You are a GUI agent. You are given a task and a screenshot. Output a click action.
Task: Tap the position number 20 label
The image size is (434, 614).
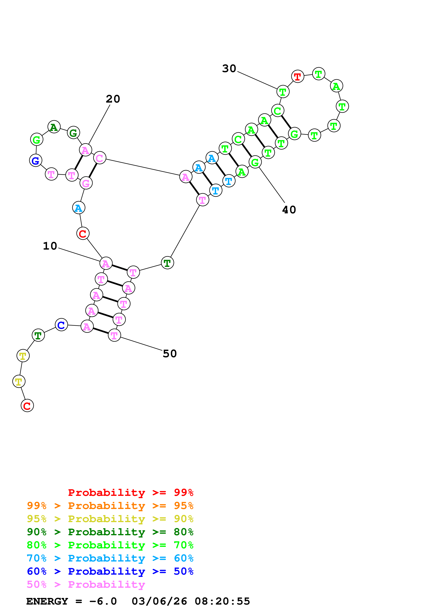tap(113, 99)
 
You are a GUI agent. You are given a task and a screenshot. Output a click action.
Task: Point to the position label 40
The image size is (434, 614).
tap(289, 210)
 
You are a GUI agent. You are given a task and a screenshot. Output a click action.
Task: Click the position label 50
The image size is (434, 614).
tap(170, 354)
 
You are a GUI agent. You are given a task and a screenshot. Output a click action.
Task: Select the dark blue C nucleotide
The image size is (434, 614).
tap(61, 325)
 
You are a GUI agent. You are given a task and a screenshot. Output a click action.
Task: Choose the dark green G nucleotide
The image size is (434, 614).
tap(74, 133)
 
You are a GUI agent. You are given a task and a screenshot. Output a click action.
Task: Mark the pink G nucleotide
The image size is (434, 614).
tap(86, 183)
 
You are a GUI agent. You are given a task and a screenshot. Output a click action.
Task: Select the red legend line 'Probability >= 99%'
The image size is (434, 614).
tap(130, 493)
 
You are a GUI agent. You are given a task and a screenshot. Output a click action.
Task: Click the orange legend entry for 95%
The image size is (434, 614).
tap(110, 506)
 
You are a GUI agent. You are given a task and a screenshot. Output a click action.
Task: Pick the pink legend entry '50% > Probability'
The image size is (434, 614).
tap(86, 585)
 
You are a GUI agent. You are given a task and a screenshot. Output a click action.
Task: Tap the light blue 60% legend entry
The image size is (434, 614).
tap(110, 558)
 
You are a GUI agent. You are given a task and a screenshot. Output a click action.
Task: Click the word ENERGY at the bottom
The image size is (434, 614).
tap(47, 601)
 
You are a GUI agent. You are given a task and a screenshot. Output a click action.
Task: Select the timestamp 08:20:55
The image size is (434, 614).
tap(222, 601)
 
